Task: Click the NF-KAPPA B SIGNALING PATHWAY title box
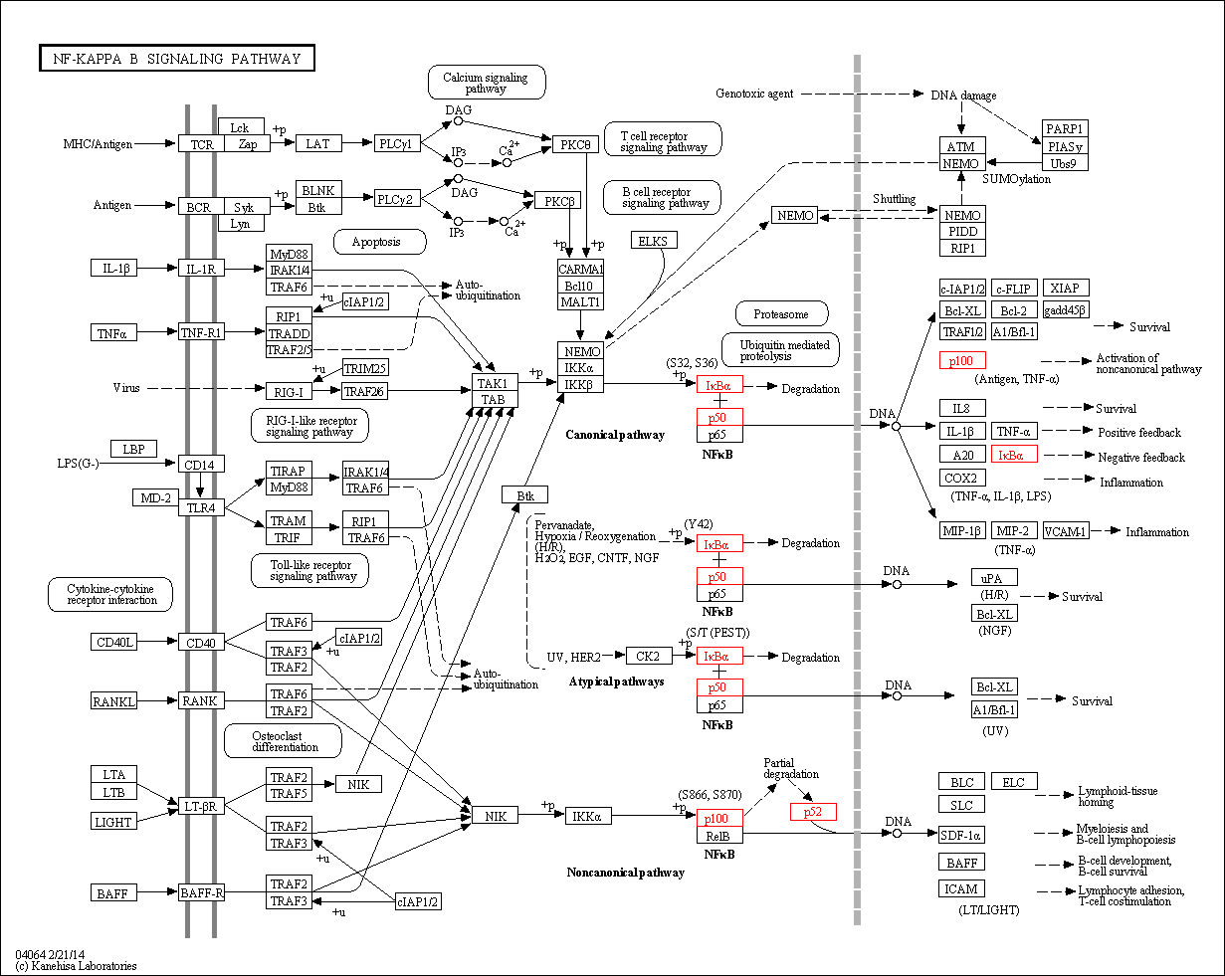pyautogui.click(x=177, y=59)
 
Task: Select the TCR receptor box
pyautogui.click(x=201, y=145)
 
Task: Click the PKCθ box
pyautogui.click(x=575, y=145)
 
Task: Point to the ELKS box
pyautogui.click(x=654, y=241)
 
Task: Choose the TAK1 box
pyautogui.click(x=494, y=383)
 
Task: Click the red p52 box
pyautogui.click(x=813, y=812)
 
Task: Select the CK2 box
pyautogui.click(x=648, y=656)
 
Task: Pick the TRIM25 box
pyautogui.click(x=365, y=368)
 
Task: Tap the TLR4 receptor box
pyautogui.click(x=201, y=507)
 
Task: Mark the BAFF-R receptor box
pyautogui.click(x=201, y=893)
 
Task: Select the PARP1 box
pyautogui.click(x=1065, y=128)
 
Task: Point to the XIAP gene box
pyautogui.click(x=1065, y=289)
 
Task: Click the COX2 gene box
pyautogui.click(x=962, y=478)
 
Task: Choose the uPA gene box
pyautogui.click(x=994, y=578)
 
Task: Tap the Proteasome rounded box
pyautogui.click(x=781, y=314)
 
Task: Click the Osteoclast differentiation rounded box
pyautogui.click(x=284, y=740)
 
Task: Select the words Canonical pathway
pyautogui.click(x=615, y=435)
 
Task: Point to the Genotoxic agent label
pyautogui.click(x=754, y=94)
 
